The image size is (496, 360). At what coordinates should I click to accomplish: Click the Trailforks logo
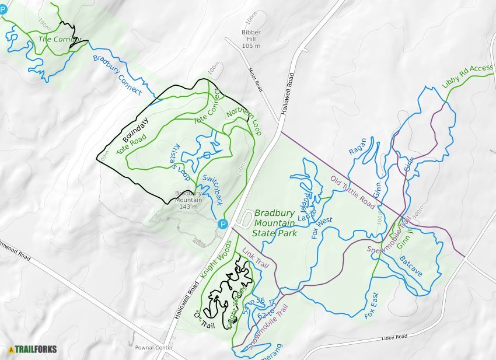coord(33,349)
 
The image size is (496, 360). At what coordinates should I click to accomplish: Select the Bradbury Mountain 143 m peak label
coord(188,200)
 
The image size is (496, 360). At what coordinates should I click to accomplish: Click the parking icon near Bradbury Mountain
coord(222,224)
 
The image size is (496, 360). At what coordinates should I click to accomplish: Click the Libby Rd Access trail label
coord(467,76)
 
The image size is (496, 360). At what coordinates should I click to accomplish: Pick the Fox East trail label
coord(371,305)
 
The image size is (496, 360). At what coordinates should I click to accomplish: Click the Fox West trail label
coord(322,228)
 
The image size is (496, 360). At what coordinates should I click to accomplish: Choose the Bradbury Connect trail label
coord(117,75)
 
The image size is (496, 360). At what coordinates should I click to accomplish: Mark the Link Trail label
coord(255,257)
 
